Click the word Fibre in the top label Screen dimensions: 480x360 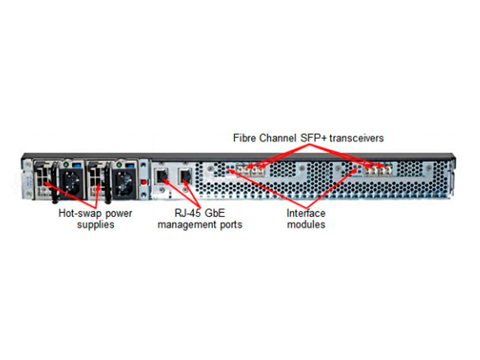point(244,138)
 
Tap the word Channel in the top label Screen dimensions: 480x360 point(277,138)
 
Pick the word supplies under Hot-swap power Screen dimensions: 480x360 point(95,225)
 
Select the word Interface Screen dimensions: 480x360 point(306,213)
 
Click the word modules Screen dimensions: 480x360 point(306,224)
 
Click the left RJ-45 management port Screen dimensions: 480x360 point(162,176)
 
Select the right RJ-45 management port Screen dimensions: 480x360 point(185,176)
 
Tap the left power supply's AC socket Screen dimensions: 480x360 point(72,183)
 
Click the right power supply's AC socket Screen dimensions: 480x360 point(124,183)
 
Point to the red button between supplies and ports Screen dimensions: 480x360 point(143,181)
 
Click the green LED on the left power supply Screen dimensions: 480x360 point(66,165)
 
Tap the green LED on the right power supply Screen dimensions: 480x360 point(119,165)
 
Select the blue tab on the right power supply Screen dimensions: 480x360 point(130,165)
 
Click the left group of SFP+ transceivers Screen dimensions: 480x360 point(250,170)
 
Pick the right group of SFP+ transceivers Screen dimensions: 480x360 point(378,170)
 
